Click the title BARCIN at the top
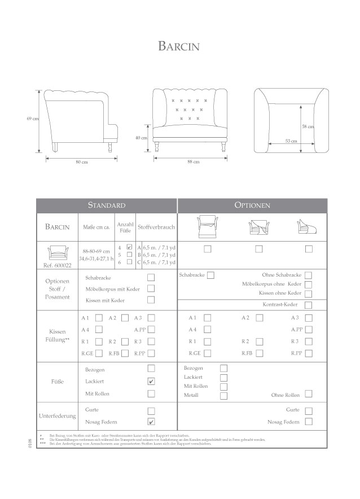[x=179, y=46]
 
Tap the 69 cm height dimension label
[x=33, y=119]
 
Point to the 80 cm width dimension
[x=81, y=162]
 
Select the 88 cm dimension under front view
[x=193, y=162]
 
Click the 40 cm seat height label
[x=141, y=138]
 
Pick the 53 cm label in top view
[x=291, y=141]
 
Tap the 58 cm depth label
[x=308, y=126]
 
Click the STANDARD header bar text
[x=107, y=205]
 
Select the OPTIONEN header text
[x=252, y=205]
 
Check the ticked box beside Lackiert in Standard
[x=151, y=382]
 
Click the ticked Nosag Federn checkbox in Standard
[x=151, y=422]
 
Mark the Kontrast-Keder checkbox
[x=308, y=305]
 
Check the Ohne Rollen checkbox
[x=308, y=395]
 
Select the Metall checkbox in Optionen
[x=223, y=395]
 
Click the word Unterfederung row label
[x=58, y=416]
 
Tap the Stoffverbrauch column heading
[x=156, y=227]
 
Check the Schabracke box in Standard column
[x=151, y=278]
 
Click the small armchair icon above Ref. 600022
[x=59, y=251]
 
